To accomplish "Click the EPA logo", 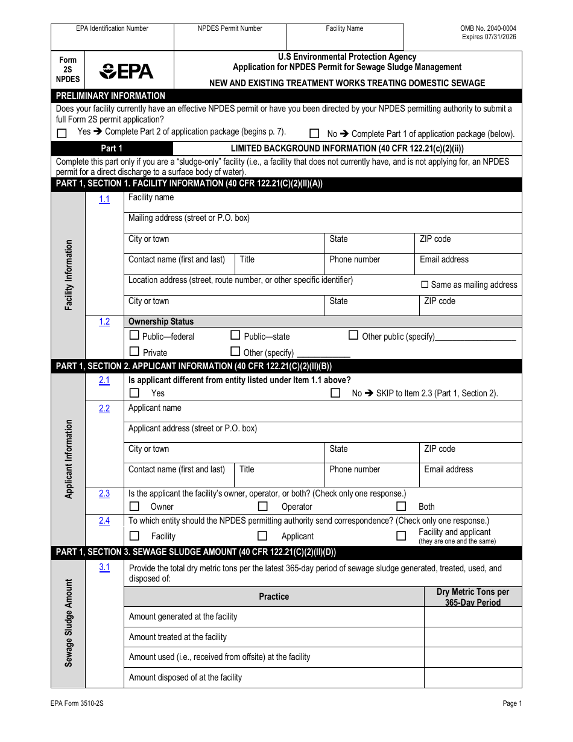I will click(127, 72).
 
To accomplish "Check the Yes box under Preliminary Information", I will click(62, 133).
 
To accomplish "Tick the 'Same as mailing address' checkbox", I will click(425, 285).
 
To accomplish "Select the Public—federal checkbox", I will click(135, 335).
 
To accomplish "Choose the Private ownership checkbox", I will click(135, 351).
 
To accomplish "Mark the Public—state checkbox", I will click(236, 335).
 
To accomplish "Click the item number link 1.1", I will click(104, 199).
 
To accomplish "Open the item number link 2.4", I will click(104, 521).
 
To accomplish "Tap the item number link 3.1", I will click(104, 567).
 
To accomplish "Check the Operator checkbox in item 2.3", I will click(262, 506).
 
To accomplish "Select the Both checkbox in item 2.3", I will click(401, 506).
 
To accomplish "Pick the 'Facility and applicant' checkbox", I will click(401, 536).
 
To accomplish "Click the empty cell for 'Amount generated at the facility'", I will click(472, 617).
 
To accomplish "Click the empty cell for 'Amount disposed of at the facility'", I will click(472, 677).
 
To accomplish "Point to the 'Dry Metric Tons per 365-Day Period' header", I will click(472, 597).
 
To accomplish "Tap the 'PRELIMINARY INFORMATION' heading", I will click(110, 95).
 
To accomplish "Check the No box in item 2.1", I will click(335, 393).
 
